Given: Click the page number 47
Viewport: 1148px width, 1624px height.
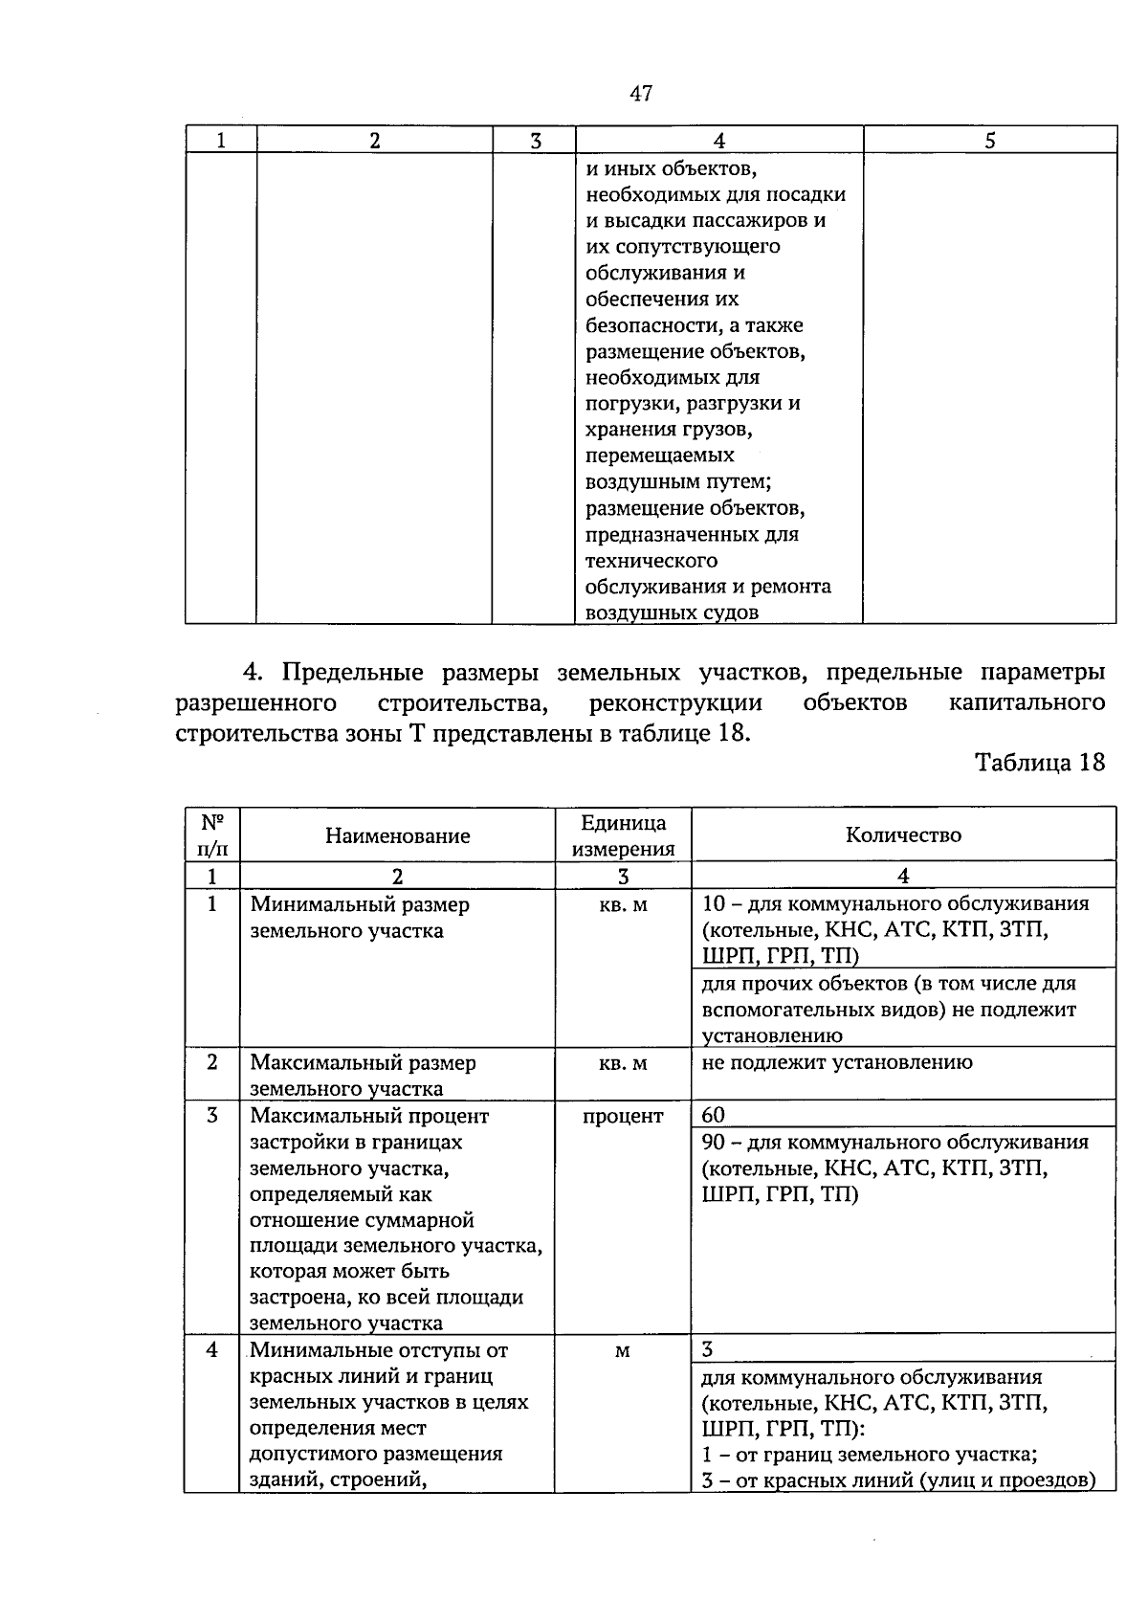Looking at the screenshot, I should click(641, 93).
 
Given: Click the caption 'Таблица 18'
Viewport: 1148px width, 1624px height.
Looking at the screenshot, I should click(1039, 762).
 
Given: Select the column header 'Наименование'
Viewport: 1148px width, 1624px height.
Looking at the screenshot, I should click(397, 835).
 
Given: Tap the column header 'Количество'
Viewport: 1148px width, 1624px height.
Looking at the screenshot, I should click(903, 834).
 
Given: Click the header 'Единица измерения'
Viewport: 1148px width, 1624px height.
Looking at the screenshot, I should click(623, 835).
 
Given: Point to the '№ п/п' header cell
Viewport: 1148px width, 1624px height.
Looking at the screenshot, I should click(212, 834).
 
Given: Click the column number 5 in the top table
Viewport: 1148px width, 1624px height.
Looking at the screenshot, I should click(989, 141).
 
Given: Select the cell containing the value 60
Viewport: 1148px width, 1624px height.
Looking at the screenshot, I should click(714, 1115).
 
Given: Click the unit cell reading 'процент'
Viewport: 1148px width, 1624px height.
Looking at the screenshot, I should click(623, 1116).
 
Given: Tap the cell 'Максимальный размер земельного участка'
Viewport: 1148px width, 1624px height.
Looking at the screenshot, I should click(363, 1075).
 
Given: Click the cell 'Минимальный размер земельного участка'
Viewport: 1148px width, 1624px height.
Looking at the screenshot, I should click(359, 917).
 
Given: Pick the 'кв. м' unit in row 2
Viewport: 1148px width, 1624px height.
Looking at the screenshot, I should click(623, 1062).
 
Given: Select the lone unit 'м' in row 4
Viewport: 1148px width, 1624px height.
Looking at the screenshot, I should click(623, 1350).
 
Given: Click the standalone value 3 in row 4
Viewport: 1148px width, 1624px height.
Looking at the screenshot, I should click(707, 1349).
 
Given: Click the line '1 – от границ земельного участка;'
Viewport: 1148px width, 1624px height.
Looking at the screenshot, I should click(869, 1455).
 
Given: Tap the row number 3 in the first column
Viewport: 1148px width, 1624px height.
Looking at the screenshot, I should click(212, 1116).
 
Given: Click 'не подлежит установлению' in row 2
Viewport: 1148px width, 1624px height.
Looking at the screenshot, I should click(836, 1061).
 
